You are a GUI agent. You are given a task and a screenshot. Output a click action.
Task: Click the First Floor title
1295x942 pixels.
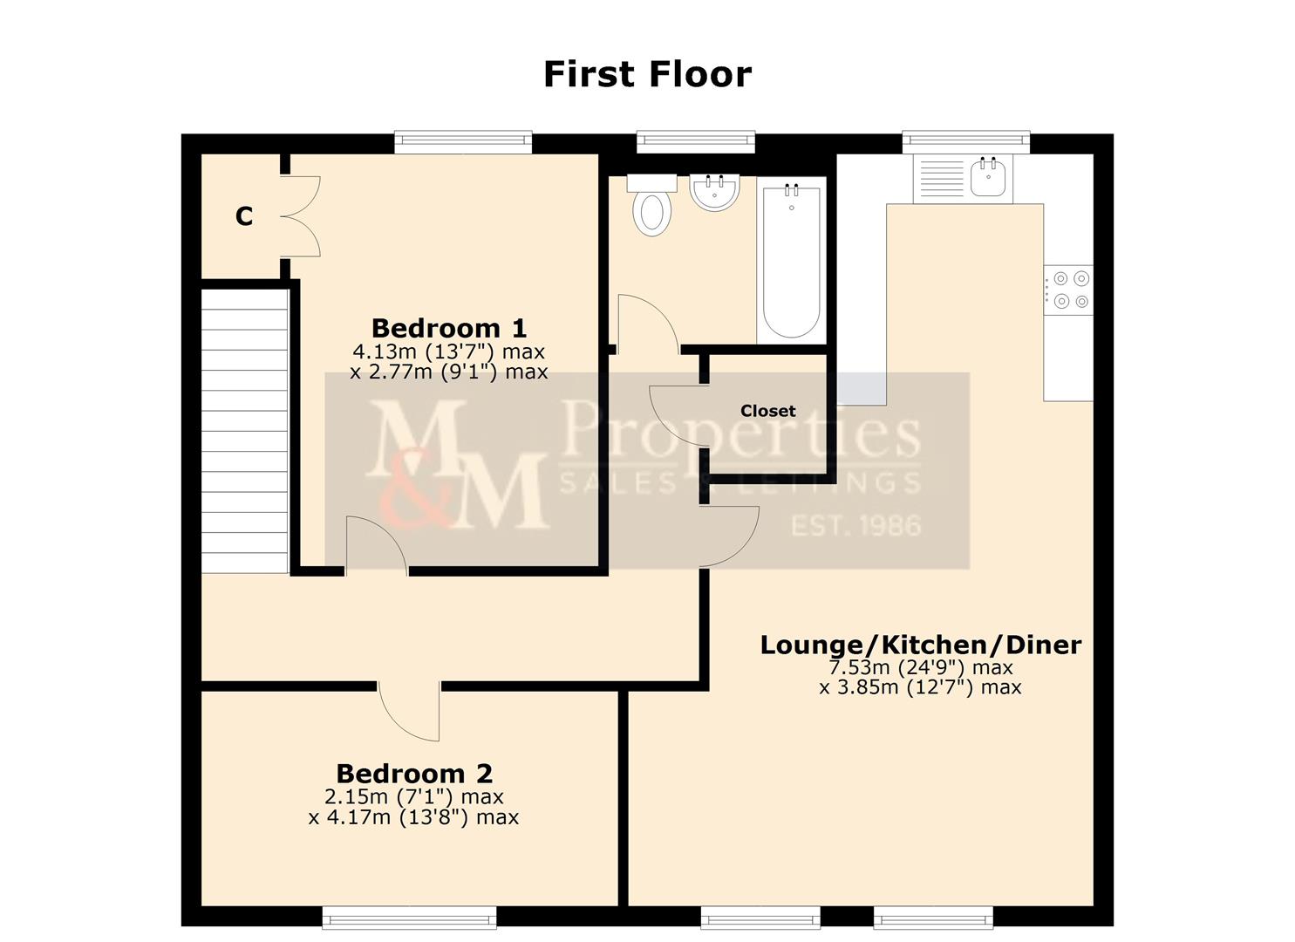(647, 75)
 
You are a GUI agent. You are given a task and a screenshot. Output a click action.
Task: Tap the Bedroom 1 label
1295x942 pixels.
(449, 329)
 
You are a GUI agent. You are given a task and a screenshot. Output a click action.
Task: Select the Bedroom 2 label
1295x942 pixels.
(414, 774)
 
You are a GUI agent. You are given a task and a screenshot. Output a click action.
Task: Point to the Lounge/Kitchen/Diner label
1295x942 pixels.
(920, 645)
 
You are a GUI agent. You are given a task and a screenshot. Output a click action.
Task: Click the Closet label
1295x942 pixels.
(767, 411)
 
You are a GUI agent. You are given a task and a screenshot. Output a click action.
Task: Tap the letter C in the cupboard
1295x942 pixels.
(244, 217)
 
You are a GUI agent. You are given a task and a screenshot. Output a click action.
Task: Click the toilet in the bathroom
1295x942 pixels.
(652, 206)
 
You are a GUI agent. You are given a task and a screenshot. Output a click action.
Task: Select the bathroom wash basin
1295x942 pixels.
(714, 193)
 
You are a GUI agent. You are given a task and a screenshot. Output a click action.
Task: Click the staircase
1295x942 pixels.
(244, 431)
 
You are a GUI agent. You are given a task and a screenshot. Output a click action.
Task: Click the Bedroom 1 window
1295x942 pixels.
(463, 141)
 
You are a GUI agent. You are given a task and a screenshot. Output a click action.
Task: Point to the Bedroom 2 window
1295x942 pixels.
(409, 917)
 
